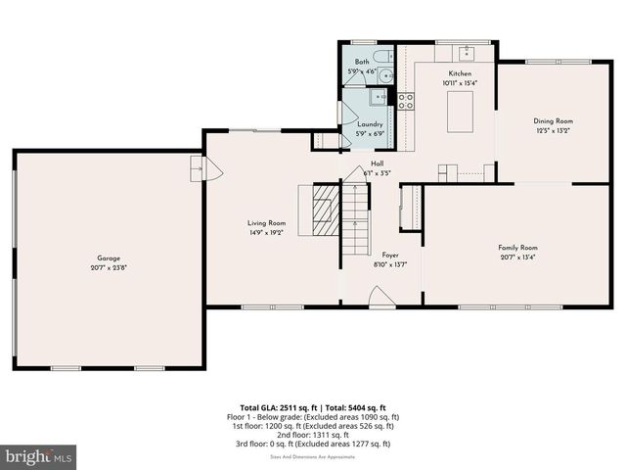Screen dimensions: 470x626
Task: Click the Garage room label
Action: pyautogui.click(x=108, y=258)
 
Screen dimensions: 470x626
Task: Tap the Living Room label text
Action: pyautogui.click(x=266, y=223)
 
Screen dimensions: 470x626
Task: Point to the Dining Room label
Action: pyautogui.click(x=553, y=120)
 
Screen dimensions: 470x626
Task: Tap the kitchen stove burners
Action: pyautogui.click(x=405, y=99)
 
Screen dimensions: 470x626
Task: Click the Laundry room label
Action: pyautogui.click(x=370, y=124)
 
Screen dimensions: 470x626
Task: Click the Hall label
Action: pyautogui.click(x=377, y=164)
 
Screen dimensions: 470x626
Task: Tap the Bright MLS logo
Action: pyautogui.click(x=39, y=456)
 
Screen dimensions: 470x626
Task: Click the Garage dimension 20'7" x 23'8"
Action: pyautogui.click(x=108, y=267)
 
